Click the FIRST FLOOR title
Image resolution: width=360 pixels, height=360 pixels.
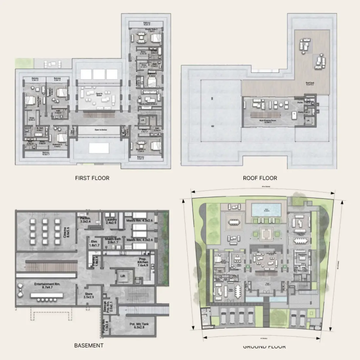point(92,178)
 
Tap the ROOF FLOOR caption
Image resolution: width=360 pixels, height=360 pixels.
point(260,178)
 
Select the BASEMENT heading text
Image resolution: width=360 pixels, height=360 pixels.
point(89,345)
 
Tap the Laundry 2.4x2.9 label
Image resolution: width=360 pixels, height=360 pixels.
point(111,221)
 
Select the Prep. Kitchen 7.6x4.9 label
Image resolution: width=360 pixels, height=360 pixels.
point(143,262)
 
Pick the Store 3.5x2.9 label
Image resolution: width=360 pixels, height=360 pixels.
point(89,296)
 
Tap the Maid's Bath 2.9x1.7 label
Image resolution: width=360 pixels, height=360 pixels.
point(113,241)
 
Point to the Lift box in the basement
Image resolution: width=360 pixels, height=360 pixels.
point(123,276)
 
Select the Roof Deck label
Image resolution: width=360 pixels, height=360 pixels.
point(309,83)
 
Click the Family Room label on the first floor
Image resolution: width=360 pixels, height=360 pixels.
point(148,104)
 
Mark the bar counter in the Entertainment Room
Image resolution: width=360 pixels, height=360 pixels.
point(46,295)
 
